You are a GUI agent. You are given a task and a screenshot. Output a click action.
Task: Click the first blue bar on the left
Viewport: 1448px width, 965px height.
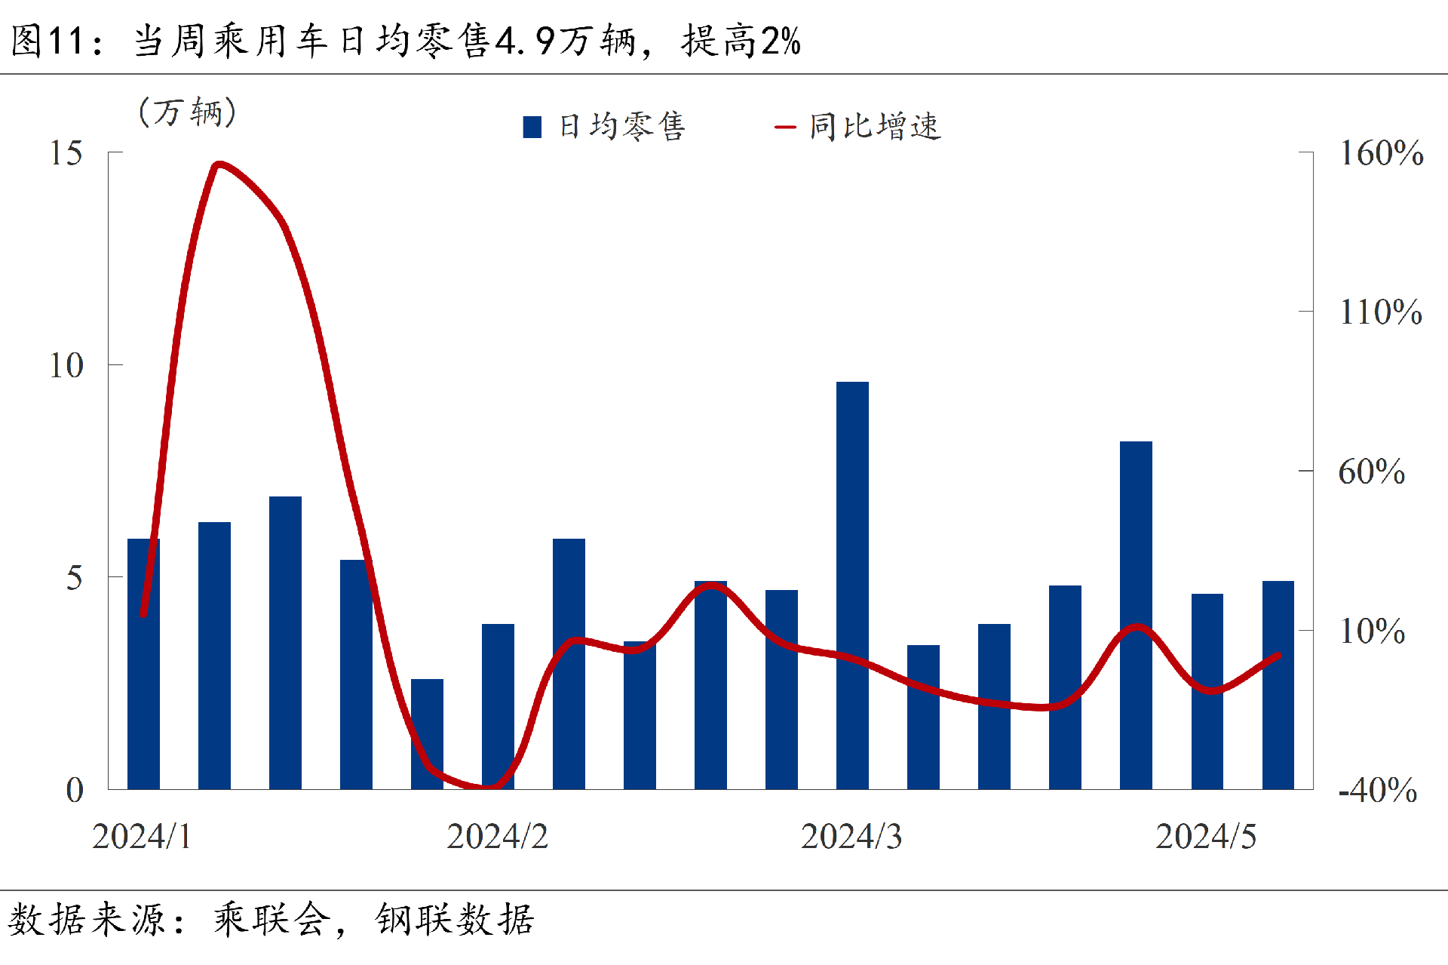click(x=143, y=663)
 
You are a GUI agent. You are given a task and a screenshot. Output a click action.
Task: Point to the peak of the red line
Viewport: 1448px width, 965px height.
click(x=218, y=164)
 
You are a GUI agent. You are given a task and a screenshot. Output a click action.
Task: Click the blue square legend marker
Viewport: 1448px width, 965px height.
click(x=532, y=127)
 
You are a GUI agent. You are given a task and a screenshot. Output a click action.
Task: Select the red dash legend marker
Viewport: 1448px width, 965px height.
click(x=785, y=127)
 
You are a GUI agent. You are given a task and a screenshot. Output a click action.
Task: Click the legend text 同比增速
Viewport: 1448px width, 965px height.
click(x=875, y=127)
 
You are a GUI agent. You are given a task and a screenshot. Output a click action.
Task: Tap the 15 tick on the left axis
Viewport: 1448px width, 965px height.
click(x=66, y=153)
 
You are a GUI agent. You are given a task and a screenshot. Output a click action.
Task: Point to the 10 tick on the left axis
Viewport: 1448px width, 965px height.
click(x=66, y=366)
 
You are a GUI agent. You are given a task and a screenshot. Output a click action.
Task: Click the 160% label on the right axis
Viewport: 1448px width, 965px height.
click(x=1381, y=153)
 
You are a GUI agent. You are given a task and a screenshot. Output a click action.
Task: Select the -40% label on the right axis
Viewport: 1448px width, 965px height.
click(x=1378, y=790)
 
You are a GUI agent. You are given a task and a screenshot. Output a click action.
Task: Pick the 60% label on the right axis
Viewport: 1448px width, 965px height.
click(x=1372, y=472)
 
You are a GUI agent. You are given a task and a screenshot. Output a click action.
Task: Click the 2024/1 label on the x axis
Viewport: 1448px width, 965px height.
click(x=142, y=837)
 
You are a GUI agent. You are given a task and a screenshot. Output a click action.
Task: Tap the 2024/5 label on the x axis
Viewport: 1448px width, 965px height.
click(x=1206, y=837)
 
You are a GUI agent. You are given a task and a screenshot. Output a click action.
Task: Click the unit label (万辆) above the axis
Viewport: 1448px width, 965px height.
click(x=188, y=112)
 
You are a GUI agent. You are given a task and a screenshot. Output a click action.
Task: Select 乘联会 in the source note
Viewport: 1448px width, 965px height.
click(x=271, y=920)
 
